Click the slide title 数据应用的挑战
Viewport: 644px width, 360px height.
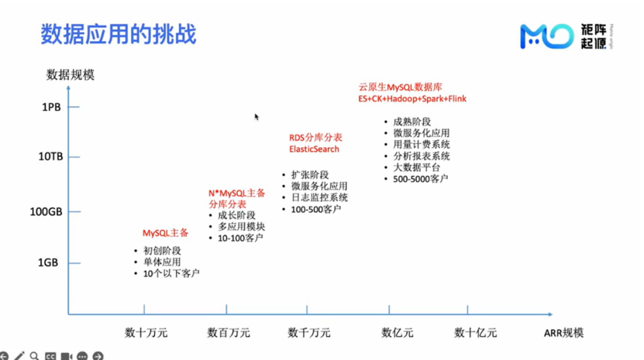click(118, 34)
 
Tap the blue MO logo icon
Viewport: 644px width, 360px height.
click(546, 36)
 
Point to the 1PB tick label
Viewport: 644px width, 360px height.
click(51, 108)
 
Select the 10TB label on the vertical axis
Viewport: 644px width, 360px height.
click(51, 157)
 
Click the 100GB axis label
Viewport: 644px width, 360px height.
click(47, 212)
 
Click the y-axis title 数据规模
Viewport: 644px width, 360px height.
click(70, 75)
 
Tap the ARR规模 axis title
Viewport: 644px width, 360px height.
click(563, 333)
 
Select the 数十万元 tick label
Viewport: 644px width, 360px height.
click(146, 333)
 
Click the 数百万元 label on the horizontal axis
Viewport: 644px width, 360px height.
click(228, 333)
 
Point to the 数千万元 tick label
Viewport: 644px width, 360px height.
click(309, 333)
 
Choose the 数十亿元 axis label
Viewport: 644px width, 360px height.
click(475, 333)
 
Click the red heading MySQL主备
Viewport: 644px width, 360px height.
click(165, 233)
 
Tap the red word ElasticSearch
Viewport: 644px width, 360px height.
click(314, 150)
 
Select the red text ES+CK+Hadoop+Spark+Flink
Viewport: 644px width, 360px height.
click(412, 99)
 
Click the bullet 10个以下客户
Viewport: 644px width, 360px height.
click(171, 274)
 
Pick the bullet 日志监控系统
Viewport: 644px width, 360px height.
click(319, 198)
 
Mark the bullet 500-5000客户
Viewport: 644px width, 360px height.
click(420, 179)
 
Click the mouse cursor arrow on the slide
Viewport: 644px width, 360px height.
click(256, 117)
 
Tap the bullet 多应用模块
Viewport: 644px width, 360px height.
click(241, 227)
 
